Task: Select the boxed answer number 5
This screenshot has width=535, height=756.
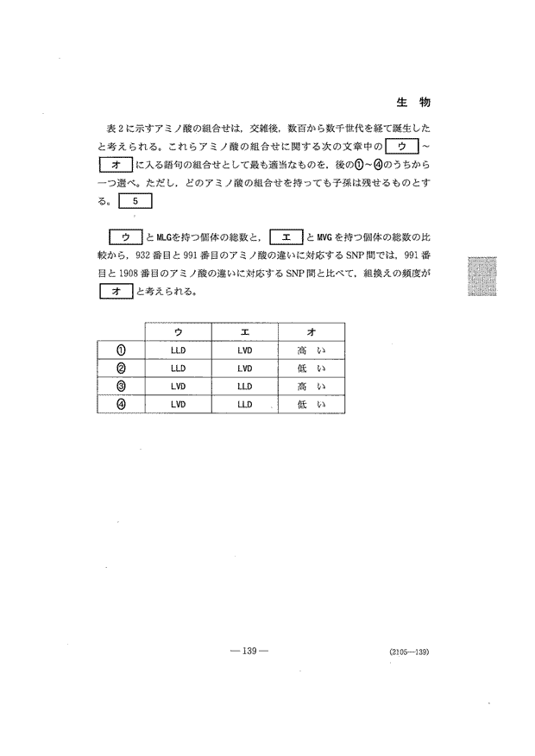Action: pyautogui.click(x=135, y=202)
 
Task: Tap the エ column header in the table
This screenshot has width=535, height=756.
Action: pyautogui.click(x=244, y=331)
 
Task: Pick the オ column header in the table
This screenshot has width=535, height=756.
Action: pyautogui.click(x=311, y=331)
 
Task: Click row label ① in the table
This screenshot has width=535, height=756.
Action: pyautogui.click(x=121, y=350)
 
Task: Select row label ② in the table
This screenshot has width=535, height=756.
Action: pyautogui.click(x=121, y=368)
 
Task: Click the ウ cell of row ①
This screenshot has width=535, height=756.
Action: pyautogui.click(x=178, y=350)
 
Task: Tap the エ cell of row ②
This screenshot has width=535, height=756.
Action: pyautogui.click(x=244, y=368)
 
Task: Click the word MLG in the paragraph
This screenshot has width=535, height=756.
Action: pyautogui.click(x=164, y=237)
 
